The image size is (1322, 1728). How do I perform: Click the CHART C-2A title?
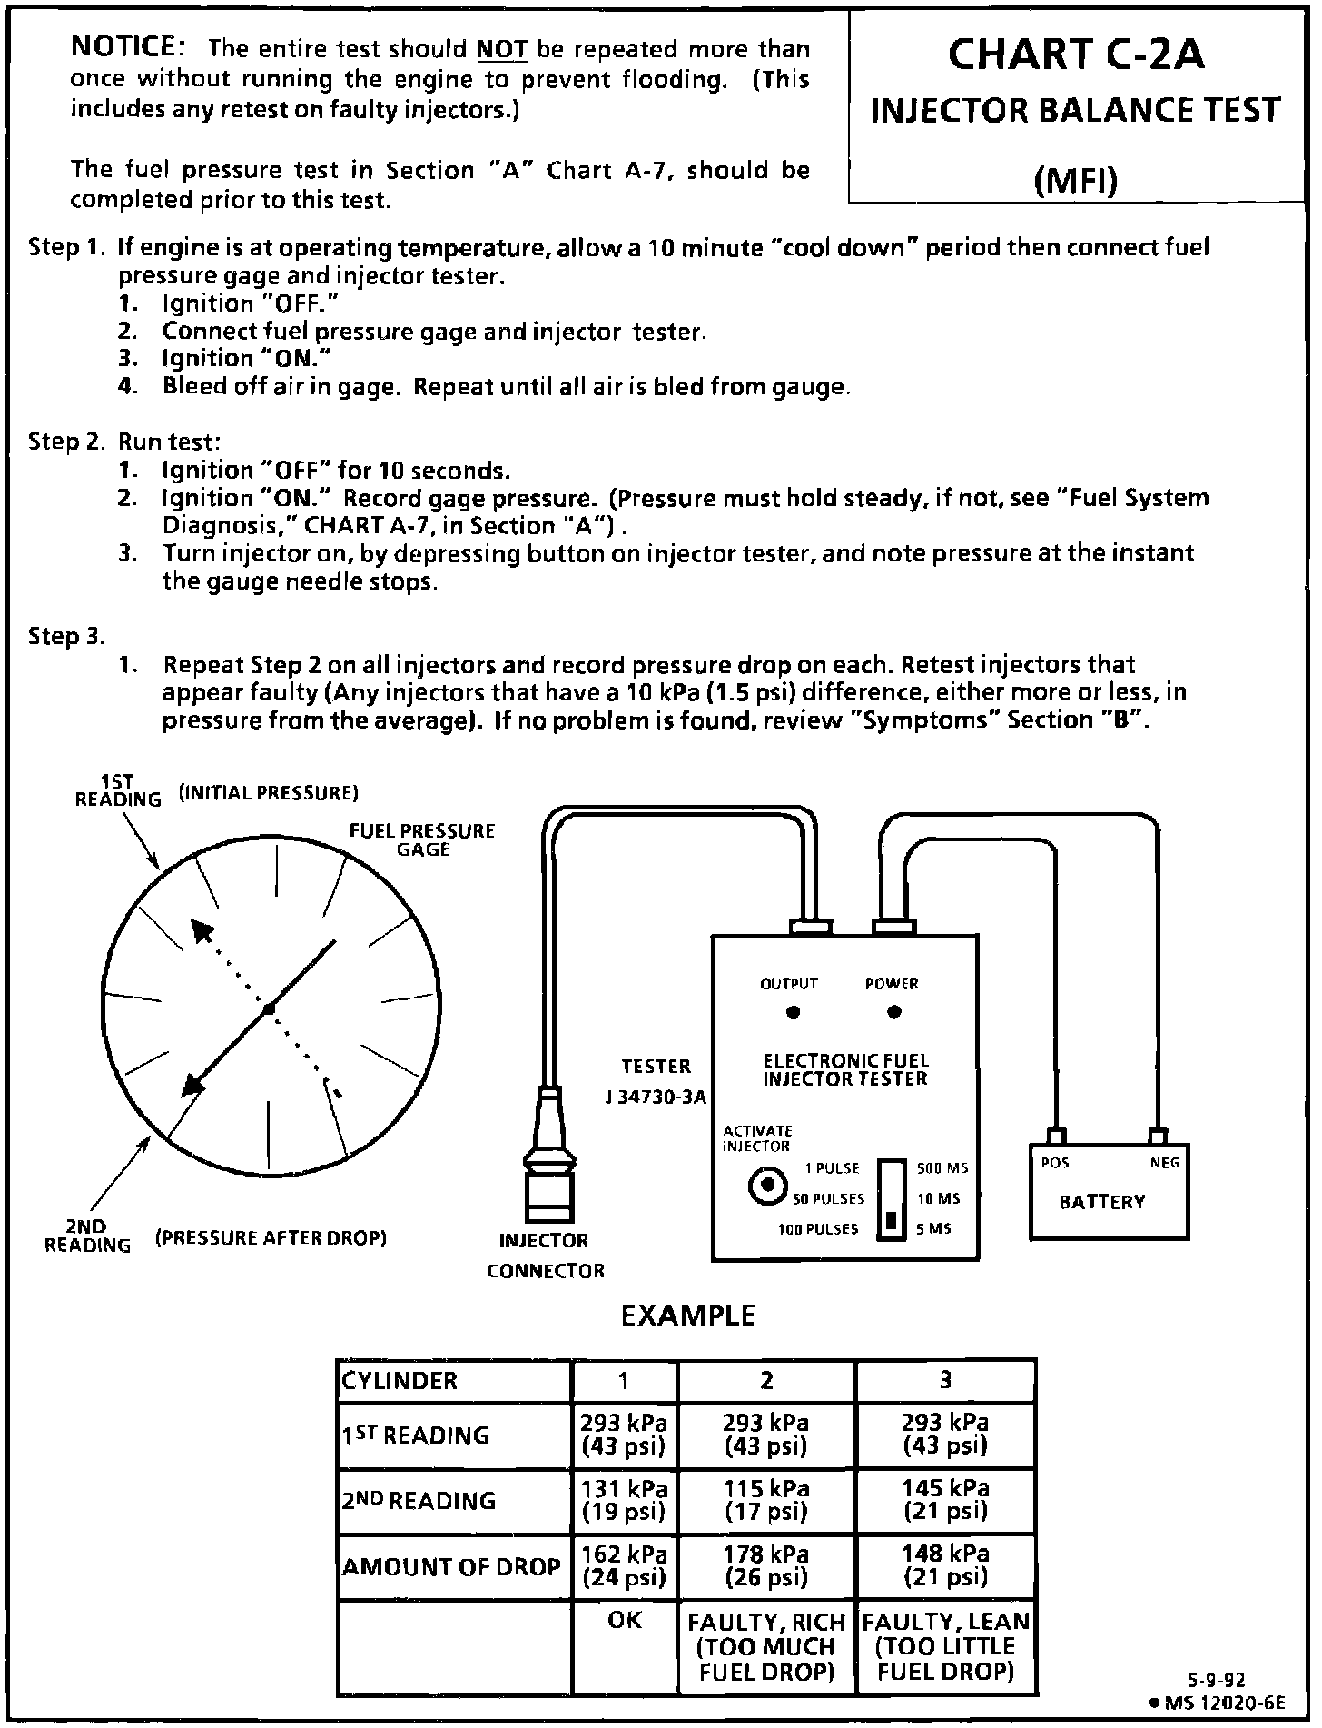[x=1076, y=55]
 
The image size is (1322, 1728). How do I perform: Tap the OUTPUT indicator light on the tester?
[x=793, y=1013]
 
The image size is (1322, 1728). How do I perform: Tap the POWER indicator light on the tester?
[x=894, y=1013]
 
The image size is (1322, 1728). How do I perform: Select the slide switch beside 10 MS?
[x=892, y=1199]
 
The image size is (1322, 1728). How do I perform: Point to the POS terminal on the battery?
[x=1056, y=1138]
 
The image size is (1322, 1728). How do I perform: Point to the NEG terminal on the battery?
[x=1157, y=1138]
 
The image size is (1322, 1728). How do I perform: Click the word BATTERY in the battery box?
[x=1101, y=1202]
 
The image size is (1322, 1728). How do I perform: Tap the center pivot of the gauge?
[x=269, y=1009]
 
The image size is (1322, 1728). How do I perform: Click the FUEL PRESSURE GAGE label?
[x=422, y=839]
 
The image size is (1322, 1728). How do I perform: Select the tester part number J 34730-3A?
[x=655, y=1097]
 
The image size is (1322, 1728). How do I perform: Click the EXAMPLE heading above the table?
[x=687, y=1316]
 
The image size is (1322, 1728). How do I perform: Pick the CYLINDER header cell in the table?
[x=454, y=1381]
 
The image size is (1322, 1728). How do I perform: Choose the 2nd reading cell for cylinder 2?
[x=766, y=1500]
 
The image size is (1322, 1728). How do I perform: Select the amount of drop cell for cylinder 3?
[x=945, y=1566]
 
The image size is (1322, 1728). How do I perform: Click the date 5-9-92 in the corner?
[x=1218, y=1681]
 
